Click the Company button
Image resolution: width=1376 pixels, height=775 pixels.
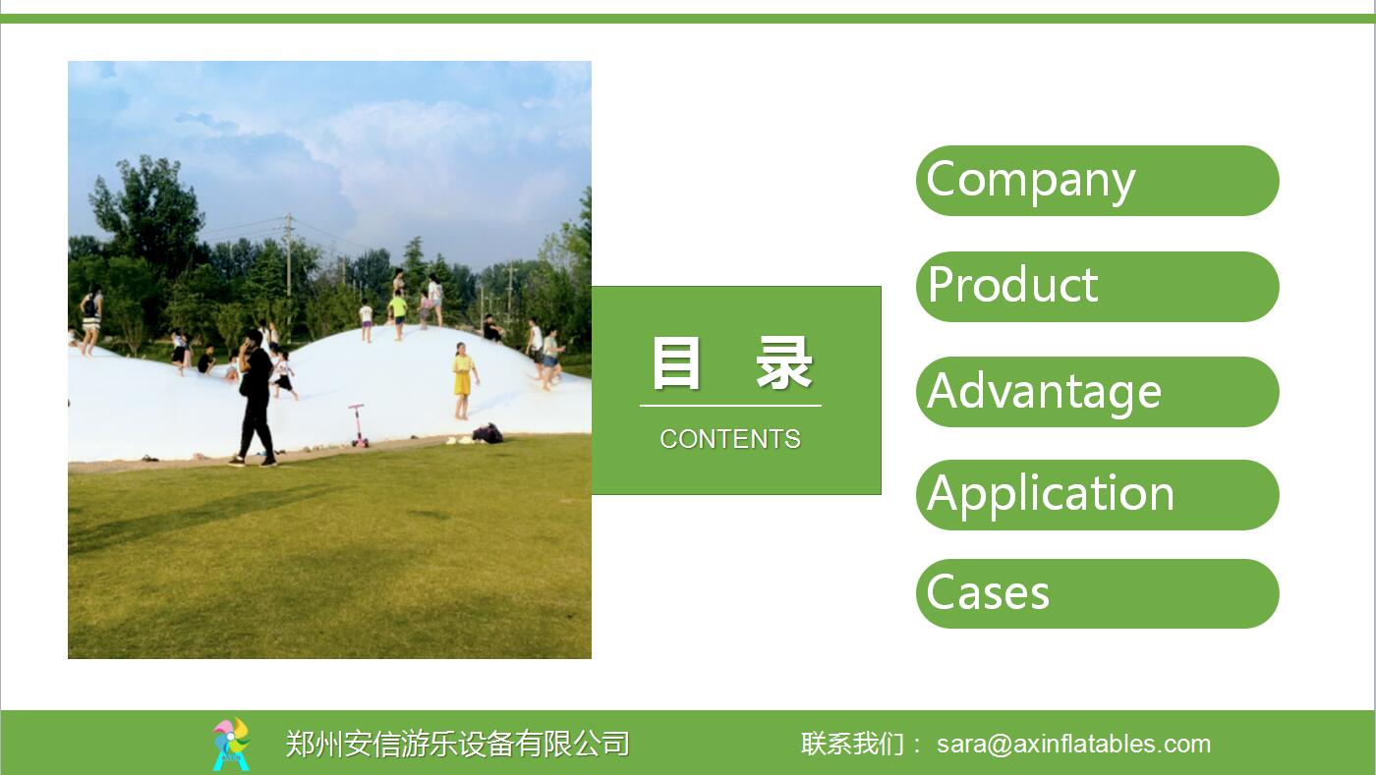tap(1097, 181)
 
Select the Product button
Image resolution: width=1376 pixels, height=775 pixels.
tap(1097, 287)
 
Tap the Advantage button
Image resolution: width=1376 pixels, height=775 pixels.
tap(1097, 392)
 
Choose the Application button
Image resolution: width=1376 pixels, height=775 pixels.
tap(1097, 495)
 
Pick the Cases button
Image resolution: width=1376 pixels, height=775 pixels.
tap(1097, 594)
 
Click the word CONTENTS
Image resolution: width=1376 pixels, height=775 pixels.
tap(730, 439)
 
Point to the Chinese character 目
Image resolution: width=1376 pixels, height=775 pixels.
tap(676, 363)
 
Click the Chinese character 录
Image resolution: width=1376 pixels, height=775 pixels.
tap(784, 363)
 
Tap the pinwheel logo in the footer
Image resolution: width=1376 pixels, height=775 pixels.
tap(231, 745)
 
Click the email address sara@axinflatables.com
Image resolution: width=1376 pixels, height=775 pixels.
tap(1073, 745)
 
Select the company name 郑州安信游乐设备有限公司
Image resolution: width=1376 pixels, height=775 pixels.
tap(458, 745)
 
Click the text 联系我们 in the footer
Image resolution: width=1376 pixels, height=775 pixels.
tap(852, 745)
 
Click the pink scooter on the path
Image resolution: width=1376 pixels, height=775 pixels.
tap(358, 425)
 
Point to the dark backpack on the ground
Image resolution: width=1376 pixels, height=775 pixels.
tap(488, 433)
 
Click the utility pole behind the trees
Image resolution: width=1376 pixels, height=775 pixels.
tap(289, 264)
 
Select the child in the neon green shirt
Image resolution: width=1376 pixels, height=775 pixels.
tap(398, 315)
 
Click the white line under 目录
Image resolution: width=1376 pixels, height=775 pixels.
tap(730, 406)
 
